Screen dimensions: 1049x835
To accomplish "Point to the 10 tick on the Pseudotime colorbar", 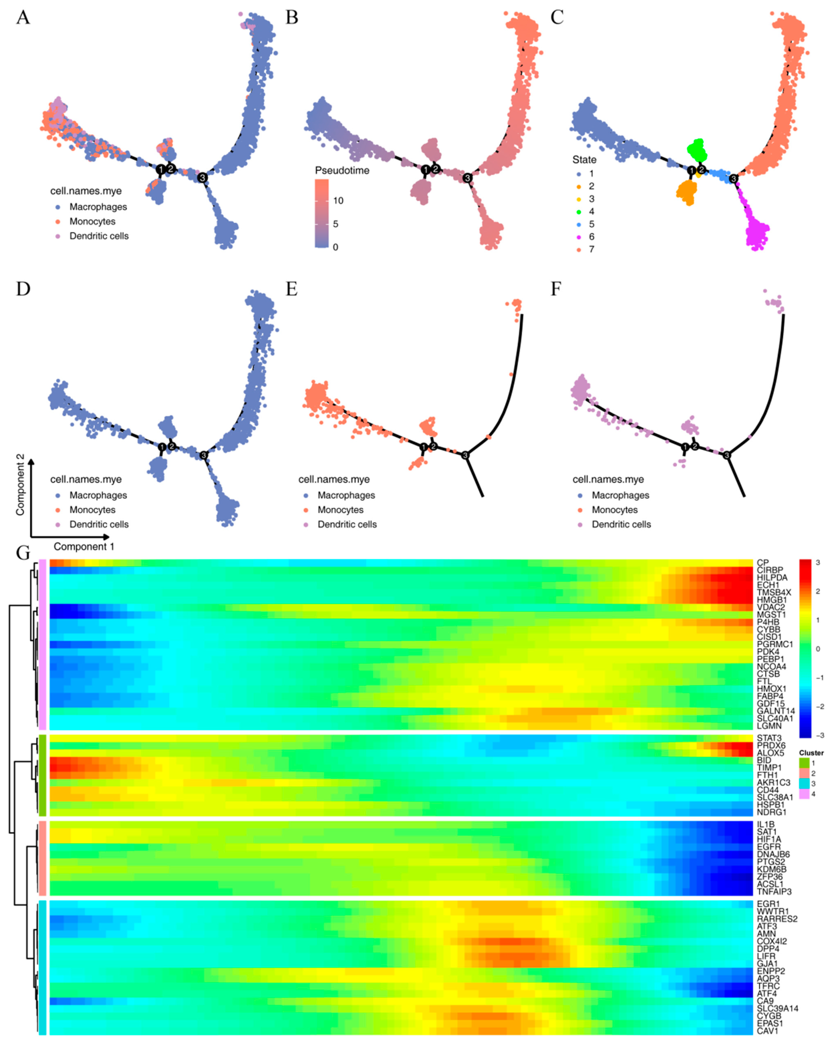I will pos(338,200).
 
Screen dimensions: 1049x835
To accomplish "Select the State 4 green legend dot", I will pos(579,212).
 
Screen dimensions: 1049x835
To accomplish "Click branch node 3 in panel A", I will pos(202,178).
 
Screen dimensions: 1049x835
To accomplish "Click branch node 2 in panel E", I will pos(433,446).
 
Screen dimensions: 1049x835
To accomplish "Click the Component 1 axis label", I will pos(84,547).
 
